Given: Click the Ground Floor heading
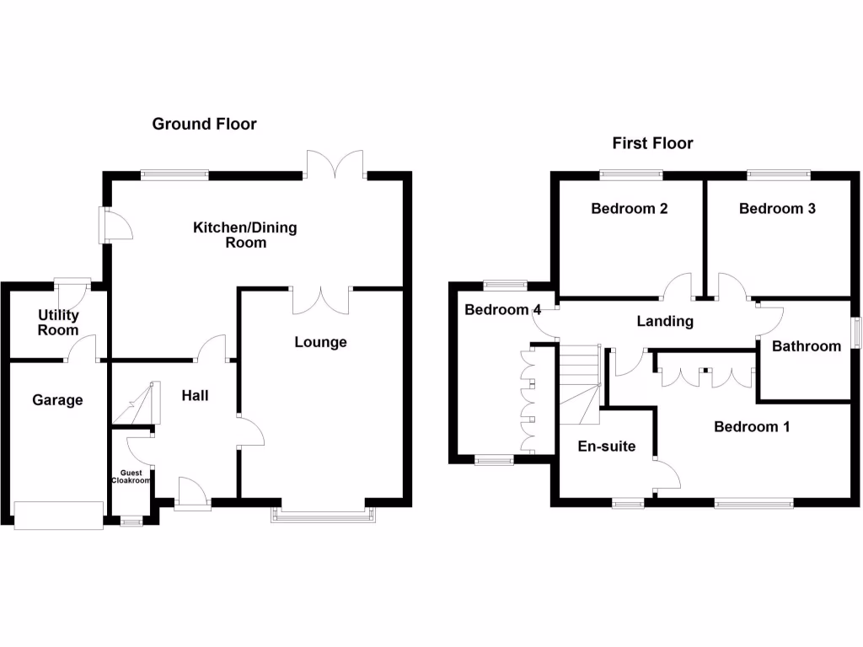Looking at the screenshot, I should pos(204,125).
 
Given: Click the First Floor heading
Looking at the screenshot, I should pos(652,143).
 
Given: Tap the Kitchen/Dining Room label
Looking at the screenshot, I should pos(245,235).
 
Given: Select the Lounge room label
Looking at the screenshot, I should pos(320,342).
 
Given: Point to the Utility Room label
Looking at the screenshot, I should pos(58,323).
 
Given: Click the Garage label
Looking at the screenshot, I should pos(57,400).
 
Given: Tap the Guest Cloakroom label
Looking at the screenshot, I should pos(131,477).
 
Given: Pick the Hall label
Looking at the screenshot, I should pos(195,395).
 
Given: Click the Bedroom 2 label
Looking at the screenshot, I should pos(629,209).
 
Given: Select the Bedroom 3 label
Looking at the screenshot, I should pos(777,209).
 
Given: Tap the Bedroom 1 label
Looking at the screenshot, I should pos(752,426).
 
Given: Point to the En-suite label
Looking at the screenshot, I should pos(607,446).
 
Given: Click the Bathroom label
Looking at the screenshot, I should pos(807,346).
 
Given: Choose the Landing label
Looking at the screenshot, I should pos(665,321).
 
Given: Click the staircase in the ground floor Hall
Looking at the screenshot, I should pos(135,404).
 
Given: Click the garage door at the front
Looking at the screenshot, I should pos(58,515).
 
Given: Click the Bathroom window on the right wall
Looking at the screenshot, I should pos(855,330).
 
